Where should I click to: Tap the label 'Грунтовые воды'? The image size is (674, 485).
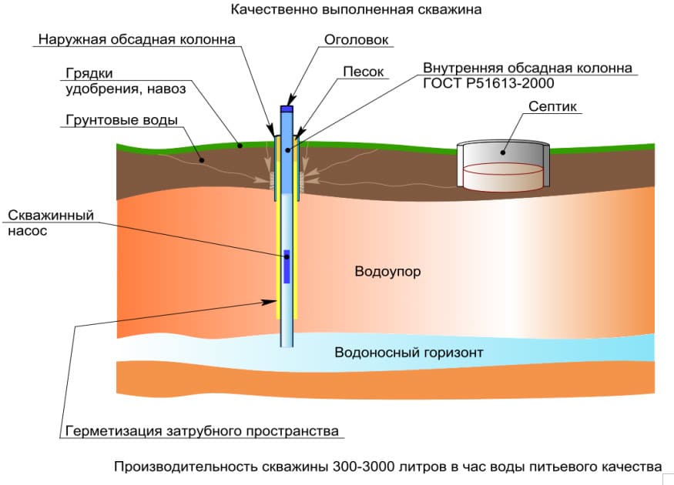tap(121, 120)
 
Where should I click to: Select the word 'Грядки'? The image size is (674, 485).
tap(89, 73)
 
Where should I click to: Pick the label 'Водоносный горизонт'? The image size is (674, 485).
tap(408, 353)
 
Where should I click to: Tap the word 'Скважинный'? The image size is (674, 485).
tap(51, 216)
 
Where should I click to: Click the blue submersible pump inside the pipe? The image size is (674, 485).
tap(287, 266)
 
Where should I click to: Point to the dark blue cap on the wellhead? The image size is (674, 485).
tap(287, 109)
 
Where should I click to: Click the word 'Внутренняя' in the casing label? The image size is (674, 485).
tap(459, 68)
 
